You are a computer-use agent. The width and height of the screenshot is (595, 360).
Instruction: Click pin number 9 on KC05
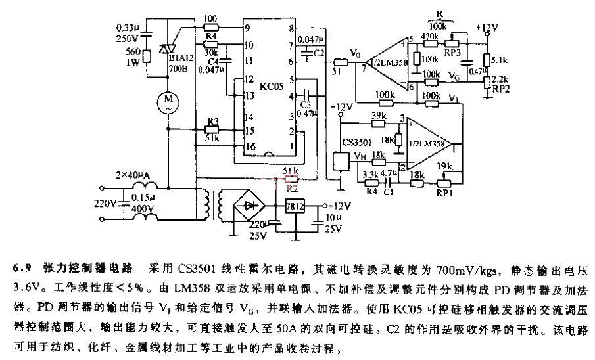click(x=247, y=28)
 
